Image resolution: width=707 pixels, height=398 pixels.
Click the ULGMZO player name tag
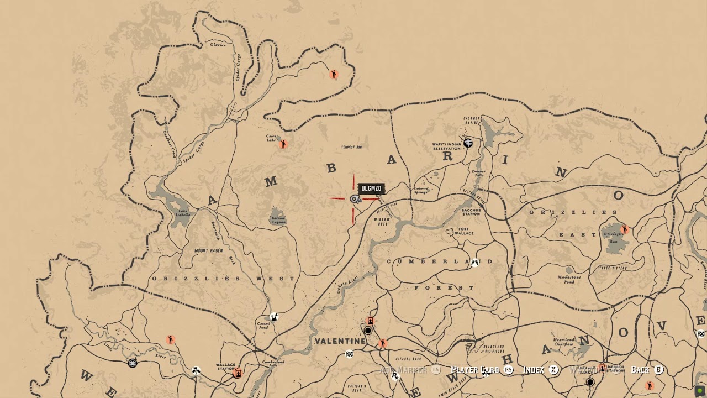(371, 189)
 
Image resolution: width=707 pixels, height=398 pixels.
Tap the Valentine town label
(340, 341)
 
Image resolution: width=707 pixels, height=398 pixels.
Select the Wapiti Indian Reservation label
(446, 146)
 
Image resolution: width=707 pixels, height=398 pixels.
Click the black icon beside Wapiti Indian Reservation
(468, 143)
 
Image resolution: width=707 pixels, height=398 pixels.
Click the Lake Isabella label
(183, 212)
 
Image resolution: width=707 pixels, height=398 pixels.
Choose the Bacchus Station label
(471, 211)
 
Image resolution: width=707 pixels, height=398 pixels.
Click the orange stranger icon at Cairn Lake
(283, 144)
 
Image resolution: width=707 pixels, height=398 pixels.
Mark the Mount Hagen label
(209, 251)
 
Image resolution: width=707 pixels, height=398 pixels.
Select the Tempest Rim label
(351, 147)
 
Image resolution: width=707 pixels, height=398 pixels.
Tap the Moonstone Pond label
(569, 279)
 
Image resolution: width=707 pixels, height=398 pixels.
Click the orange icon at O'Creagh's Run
(625, 229)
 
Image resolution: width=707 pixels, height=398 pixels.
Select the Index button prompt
(534, 370)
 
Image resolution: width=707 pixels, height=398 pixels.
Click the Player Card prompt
(475, 370)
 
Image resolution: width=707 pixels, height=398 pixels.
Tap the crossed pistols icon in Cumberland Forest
(474, 263)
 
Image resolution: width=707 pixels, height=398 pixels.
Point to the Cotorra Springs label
(421, 190)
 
